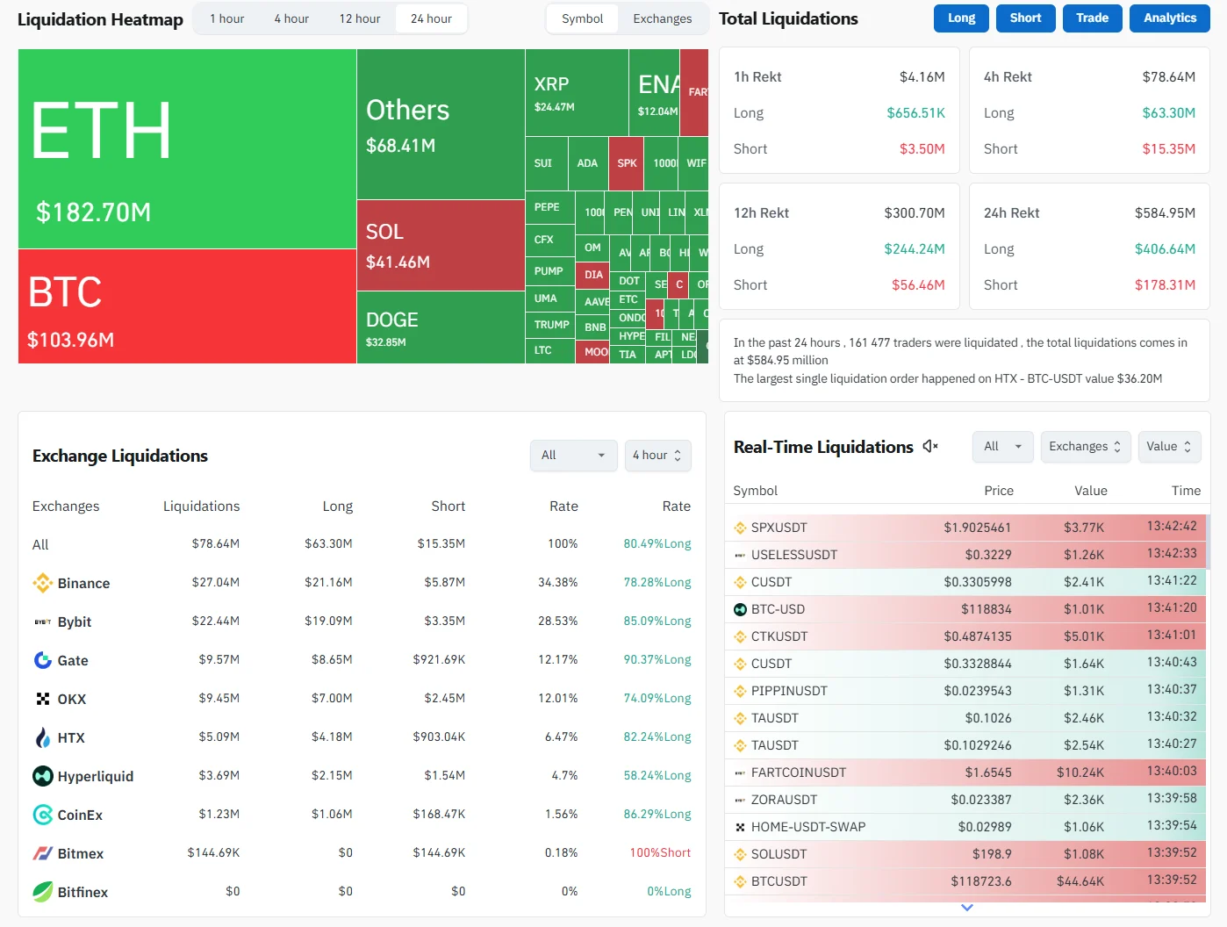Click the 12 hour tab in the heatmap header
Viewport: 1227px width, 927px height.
tap(360, 18)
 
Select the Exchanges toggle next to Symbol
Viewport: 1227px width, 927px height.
tap(662, 18)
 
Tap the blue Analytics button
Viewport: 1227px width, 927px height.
tap(1169, 18)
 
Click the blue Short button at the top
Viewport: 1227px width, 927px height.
tap(1025, 18)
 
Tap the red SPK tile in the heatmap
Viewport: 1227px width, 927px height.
tap(627, 163)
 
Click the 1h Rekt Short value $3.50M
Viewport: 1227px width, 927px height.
tap(922, 149)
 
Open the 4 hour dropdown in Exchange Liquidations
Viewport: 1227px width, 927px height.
tap(657, 456)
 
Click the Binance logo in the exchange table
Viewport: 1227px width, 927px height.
tap(42, 583)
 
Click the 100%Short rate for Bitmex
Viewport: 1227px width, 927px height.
tap(660, 853)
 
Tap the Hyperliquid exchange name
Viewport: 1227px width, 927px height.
tap(96, 776)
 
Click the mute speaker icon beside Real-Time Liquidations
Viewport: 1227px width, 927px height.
tap(930, 447)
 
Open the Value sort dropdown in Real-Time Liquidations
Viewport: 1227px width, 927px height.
tap(1169, 447)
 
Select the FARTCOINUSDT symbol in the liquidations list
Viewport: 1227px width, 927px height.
tap(798, 772)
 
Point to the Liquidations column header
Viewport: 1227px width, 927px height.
tap(201, 507)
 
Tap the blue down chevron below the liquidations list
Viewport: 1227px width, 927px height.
tap(967, 908)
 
